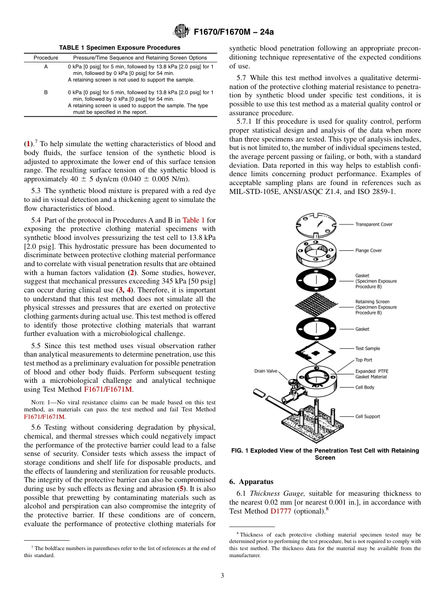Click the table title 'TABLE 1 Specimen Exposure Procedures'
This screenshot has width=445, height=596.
tap(119, 48)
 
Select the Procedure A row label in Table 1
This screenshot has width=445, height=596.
tap(46, 67)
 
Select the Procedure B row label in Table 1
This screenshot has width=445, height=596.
tap(46, 93)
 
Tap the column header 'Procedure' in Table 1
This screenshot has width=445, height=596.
tap(46, 58)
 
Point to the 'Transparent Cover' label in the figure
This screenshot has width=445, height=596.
tap(373, 224)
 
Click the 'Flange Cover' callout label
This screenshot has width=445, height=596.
tap(368, 251)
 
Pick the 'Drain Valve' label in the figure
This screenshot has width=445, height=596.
tap(266, 371)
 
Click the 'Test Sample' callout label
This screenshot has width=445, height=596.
tap(367, 349)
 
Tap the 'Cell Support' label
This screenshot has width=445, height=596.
tap(367, 417)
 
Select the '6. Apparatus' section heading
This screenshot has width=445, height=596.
tap(251, 482)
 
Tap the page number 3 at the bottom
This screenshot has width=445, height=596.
tap(222, 576)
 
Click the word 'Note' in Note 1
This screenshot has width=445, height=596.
tap(37, 402)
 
